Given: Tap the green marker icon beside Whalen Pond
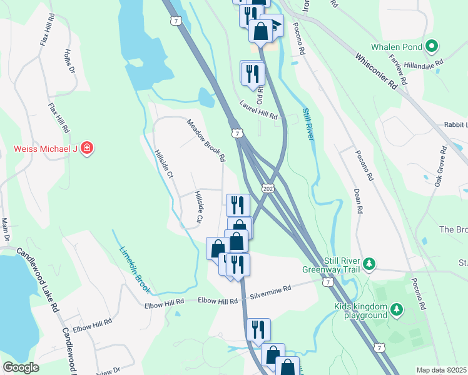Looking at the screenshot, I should point(431,46).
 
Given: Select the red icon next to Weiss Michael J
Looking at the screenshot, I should point(88,149).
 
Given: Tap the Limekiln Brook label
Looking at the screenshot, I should point(135,270).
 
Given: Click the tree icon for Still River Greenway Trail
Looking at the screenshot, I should point(370,264).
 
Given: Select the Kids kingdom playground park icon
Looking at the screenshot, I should point(396,309).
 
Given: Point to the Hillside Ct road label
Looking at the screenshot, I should point(164,164).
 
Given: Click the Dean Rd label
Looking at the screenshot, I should point(358,201).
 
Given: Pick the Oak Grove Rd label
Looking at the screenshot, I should point(442,166).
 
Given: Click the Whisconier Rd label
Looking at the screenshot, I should point(377,72).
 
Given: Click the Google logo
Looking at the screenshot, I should point(21,367).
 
